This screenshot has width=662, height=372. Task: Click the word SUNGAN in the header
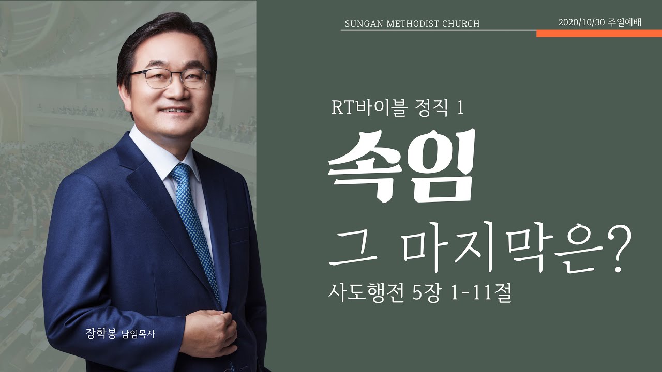[362, 24]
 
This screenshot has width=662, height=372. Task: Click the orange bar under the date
[599, 34]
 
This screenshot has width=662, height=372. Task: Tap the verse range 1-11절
[481, 294]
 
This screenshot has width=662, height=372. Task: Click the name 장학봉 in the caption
[102, 334]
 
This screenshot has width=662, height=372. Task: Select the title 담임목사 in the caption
[138, 334]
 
